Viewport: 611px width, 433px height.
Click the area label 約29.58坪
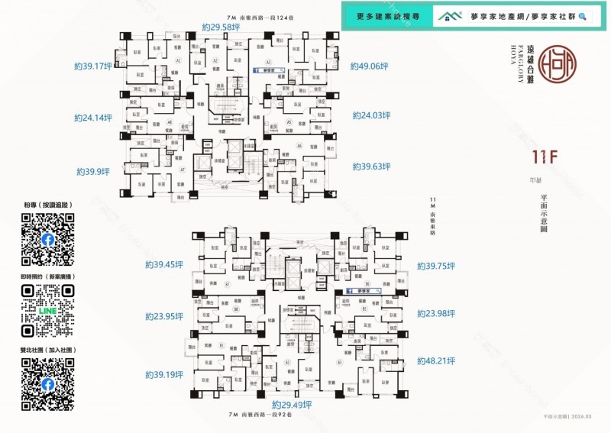click(221, 27)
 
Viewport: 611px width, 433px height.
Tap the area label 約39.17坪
click(93, 66)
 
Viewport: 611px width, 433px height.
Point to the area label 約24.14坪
click(93, 118)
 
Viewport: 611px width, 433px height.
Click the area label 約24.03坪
click(371, 115)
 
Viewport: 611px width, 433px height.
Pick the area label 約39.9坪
click(93, 172)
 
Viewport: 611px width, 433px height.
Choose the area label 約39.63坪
click(371, 166)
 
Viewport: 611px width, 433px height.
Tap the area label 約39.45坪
click(164, 265)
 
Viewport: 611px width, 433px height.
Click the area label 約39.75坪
click(436, 266)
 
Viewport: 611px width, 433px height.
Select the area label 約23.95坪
click(164, 316)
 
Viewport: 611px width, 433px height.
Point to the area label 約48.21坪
click(436, 361)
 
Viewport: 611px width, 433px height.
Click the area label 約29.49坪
click(291, 405)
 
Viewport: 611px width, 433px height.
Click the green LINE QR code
click(48, 311)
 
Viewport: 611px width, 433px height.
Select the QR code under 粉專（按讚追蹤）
click(48, 239)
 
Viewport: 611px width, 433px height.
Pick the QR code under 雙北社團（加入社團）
click(48, 384)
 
